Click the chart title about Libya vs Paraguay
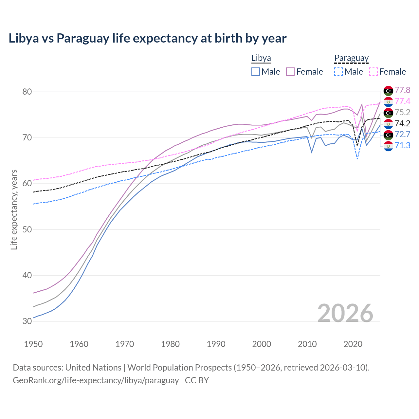point(147,38)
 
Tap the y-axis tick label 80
point(27,92)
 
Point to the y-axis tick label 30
point(27,321)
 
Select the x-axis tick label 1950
point(33,344)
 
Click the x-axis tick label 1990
point(216,344)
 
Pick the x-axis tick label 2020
point(353,344)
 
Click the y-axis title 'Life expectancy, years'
point(14,209)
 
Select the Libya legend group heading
point(261,58)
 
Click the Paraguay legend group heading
point(351,58)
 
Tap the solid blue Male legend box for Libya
point(256,72)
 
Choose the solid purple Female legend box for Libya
point(290,72)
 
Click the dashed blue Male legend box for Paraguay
point(338,72)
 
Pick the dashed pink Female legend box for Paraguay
point(373,72)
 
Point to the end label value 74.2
point(402,123)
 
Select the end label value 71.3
point(402,145)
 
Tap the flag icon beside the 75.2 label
point(388,113)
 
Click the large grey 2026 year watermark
point(345,313)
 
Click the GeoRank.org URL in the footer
point(96,380)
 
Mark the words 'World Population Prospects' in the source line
point(179,368)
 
